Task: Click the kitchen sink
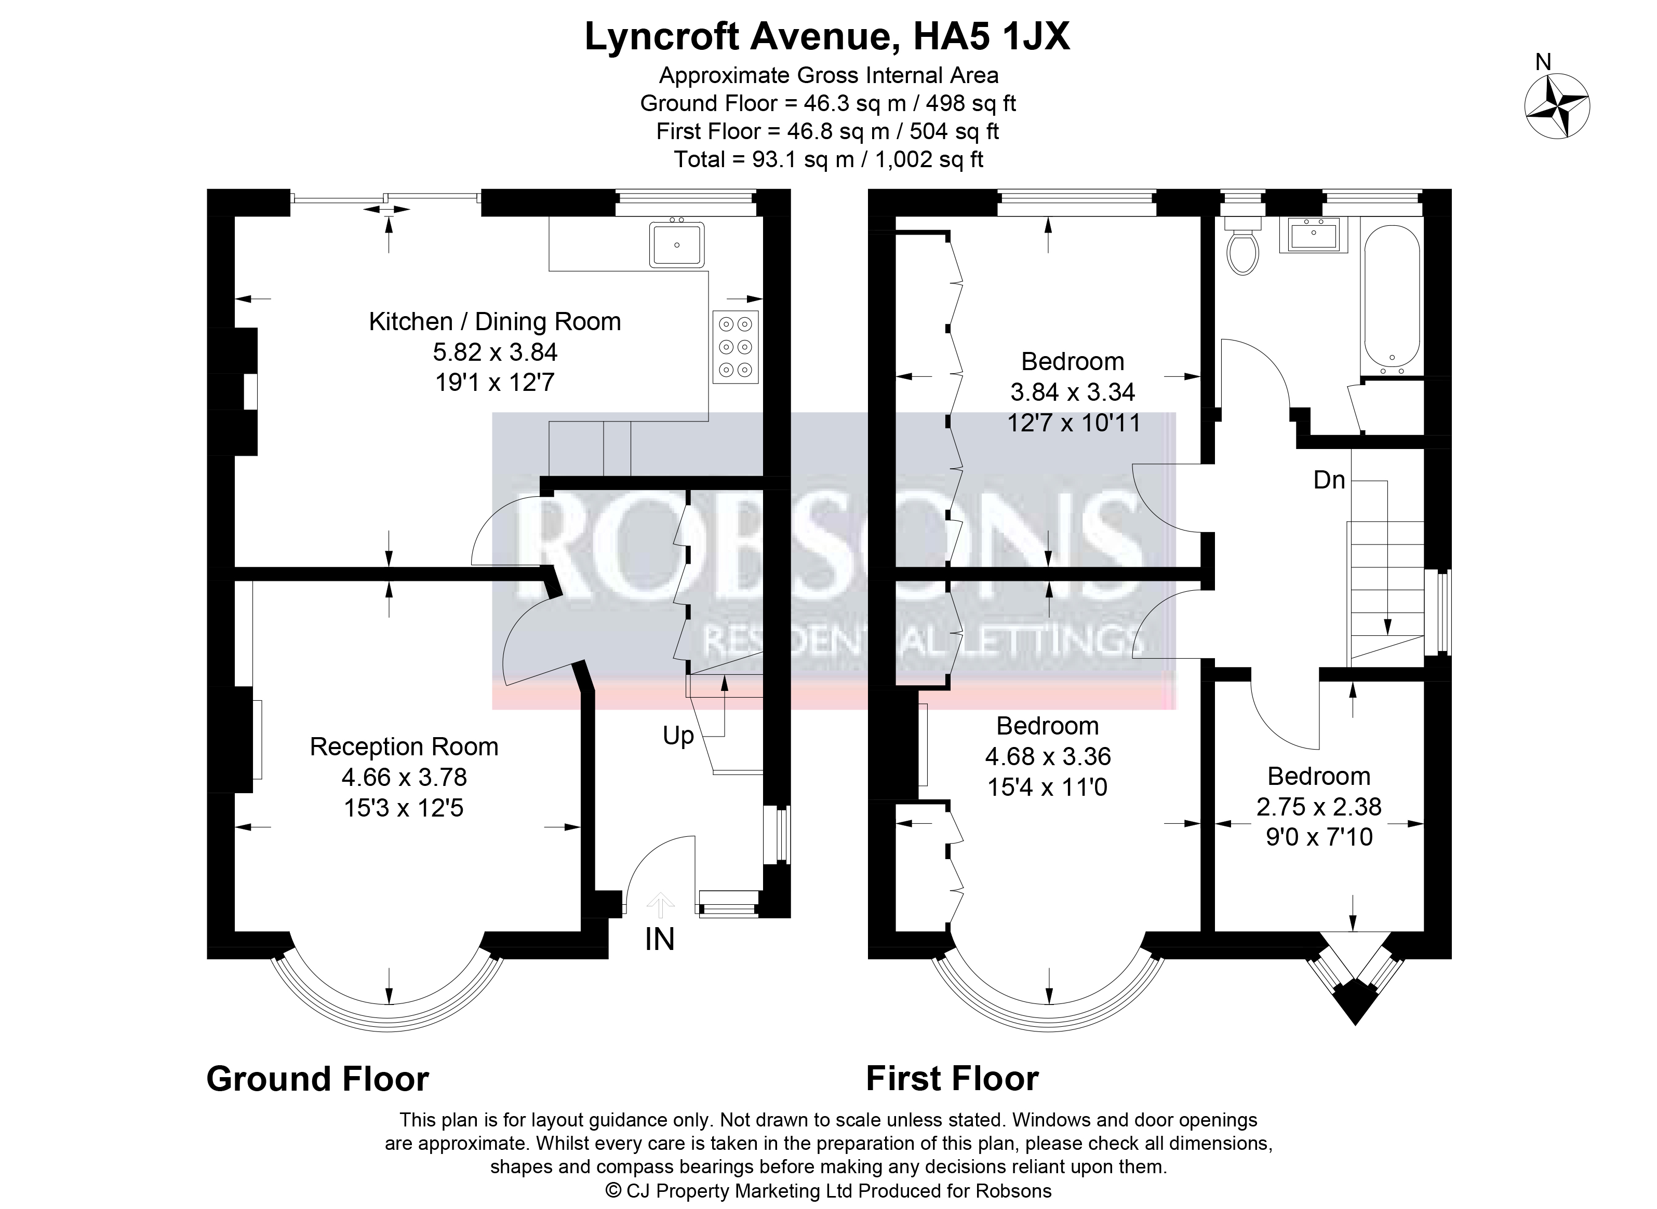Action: [x=677, y=244]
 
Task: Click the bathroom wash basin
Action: [x=1314, y=236]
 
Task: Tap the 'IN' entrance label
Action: [x=660, y=940]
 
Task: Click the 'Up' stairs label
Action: [x=678, y=736]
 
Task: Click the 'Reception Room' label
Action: [x=404, y=746]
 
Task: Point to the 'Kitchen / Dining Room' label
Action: [x=495, y=321]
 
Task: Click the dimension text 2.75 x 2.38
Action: [x=1319, y=807]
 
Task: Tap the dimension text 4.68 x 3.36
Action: [x=1048, y=756]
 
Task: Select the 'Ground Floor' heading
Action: [x=318, y=1079]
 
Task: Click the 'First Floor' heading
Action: [x=953, y=1079]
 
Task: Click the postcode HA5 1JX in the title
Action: [x=992, y=36]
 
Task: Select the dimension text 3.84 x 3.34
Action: [x=1073, y=392]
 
